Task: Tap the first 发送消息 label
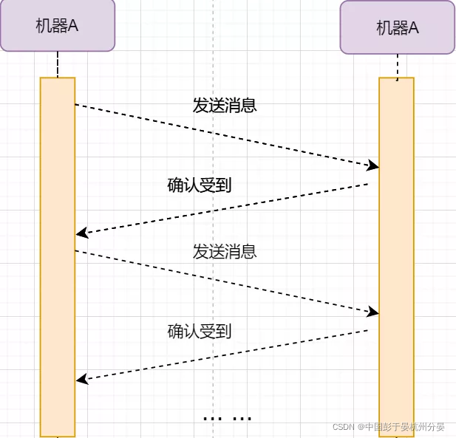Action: [x=225, y=106]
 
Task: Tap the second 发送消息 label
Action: [x=225, y=252]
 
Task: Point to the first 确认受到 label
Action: [x=200, y=185]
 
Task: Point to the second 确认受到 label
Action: [x=200, y=332]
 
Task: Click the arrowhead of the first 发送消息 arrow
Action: [x=374, y=166]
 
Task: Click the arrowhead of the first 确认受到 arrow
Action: [x=81, y=233]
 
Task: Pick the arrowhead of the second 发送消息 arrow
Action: [x=374, y=312]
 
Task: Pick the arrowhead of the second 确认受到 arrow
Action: [x=81, y=380]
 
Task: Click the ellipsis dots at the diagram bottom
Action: [x=227, y=418]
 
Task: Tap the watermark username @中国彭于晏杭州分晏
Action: [x=402, y=427]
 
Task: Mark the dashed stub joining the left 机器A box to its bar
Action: [x=58, y=64]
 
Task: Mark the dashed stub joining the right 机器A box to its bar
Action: [x=398, y=66]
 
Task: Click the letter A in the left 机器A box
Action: [x=74, y=25]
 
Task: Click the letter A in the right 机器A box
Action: [x=414, y=28]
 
